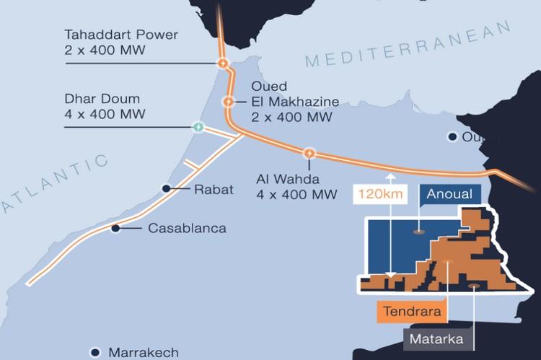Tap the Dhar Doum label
click(105, 107)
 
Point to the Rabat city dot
click(166, 188)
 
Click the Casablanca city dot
click(115, 229)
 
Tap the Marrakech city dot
click(94, 352)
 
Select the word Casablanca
click(187, 229)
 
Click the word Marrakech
click(143, 353)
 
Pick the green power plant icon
click(198, 128)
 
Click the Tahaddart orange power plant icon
click(224, 63)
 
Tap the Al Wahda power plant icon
click(309, 153)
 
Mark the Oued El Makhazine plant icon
click(229, 102)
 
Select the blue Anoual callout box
click(449, 194)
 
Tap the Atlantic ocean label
click(54, 184)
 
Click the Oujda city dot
click(452, 136)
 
